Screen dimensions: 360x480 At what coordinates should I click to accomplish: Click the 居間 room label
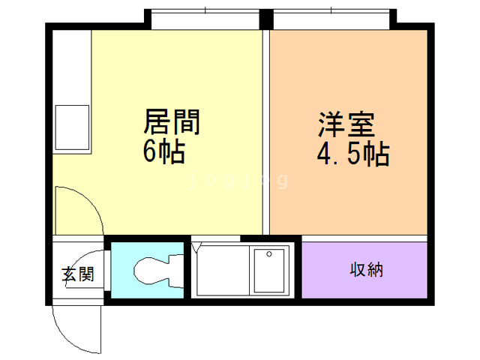coord(172,121)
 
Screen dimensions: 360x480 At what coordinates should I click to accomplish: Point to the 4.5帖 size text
coord(352,154)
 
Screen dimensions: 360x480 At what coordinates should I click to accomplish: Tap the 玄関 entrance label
coord(77,274)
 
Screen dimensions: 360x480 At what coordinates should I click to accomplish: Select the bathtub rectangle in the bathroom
coord(269,271)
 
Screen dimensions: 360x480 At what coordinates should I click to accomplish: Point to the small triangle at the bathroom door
coord(197,246)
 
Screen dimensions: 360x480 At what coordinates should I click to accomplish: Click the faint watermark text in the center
coord(240,181)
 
